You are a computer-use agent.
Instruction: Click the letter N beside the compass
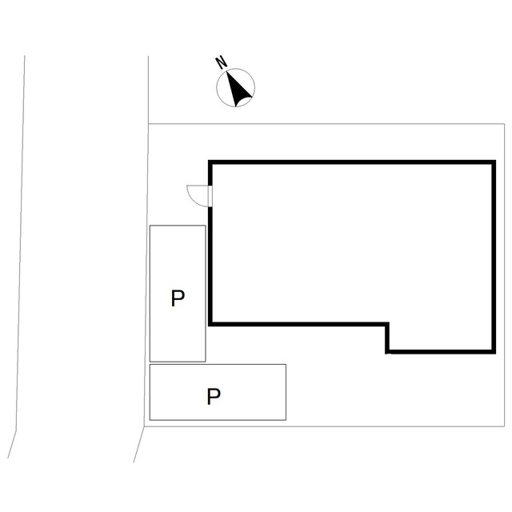click(222, 62)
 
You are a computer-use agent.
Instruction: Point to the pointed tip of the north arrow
click(226, 72)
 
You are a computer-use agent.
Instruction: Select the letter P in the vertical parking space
click(178, 298)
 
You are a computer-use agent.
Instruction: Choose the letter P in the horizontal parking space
click(214, 397)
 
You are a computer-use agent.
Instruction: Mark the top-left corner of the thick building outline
click(210, 162)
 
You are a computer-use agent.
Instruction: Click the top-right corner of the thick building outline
click(494, 162)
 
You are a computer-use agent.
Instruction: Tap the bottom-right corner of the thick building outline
click(494, 352)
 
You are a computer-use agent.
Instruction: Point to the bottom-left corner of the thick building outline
click(210, 324)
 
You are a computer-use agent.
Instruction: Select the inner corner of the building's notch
click(387, 324)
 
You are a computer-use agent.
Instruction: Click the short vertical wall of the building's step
click(387, 338)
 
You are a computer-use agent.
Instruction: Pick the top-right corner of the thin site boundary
click(505, 124)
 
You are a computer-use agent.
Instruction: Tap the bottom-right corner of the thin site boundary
click(505, 426)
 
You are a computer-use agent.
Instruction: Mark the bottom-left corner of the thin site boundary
click(144, 426)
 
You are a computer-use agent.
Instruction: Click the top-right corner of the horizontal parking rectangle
click(286, 365)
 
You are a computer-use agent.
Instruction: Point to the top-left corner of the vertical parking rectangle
click(150, 226)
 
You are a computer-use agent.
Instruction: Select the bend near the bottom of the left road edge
click(16, 430)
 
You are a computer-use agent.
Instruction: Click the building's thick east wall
click(494, 257)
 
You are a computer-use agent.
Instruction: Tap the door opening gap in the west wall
click(210, 196)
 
